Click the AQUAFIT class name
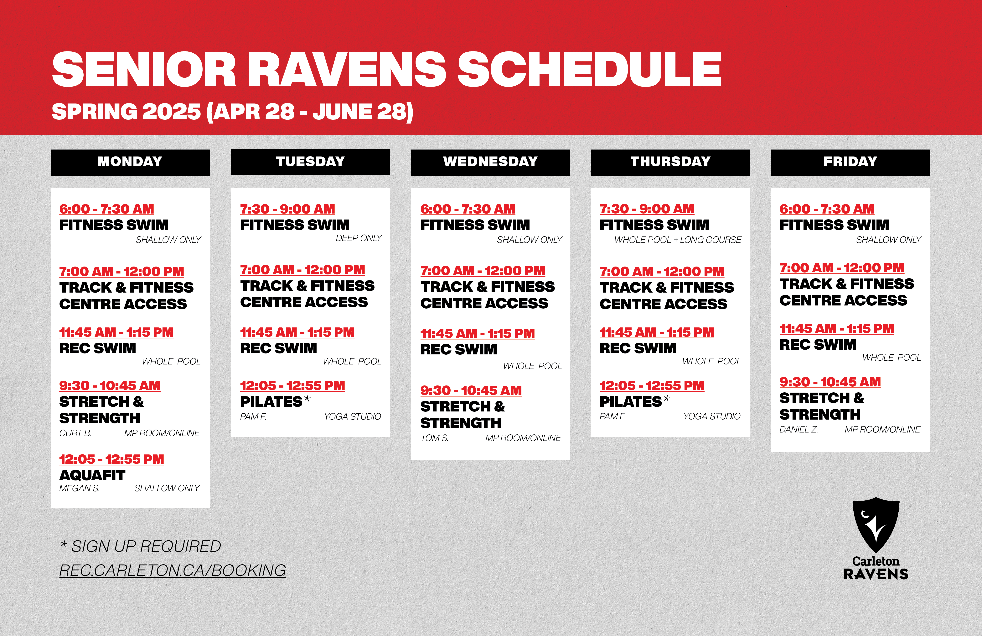click(x=92, y=475)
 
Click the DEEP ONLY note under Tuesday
click(x=359, y=238)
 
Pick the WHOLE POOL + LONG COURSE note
click(x=678, y=240)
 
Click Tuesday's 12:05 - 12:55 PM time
click(x=292, y=386)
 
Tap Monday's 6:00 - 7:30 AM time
click(x=106, y=209)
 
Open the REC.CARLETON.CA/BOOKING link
click(x=173, y=570)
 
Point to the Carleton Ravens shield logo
click(x=876, y=525)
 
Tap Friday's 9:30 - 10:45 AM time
click(x=830, y=382)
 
